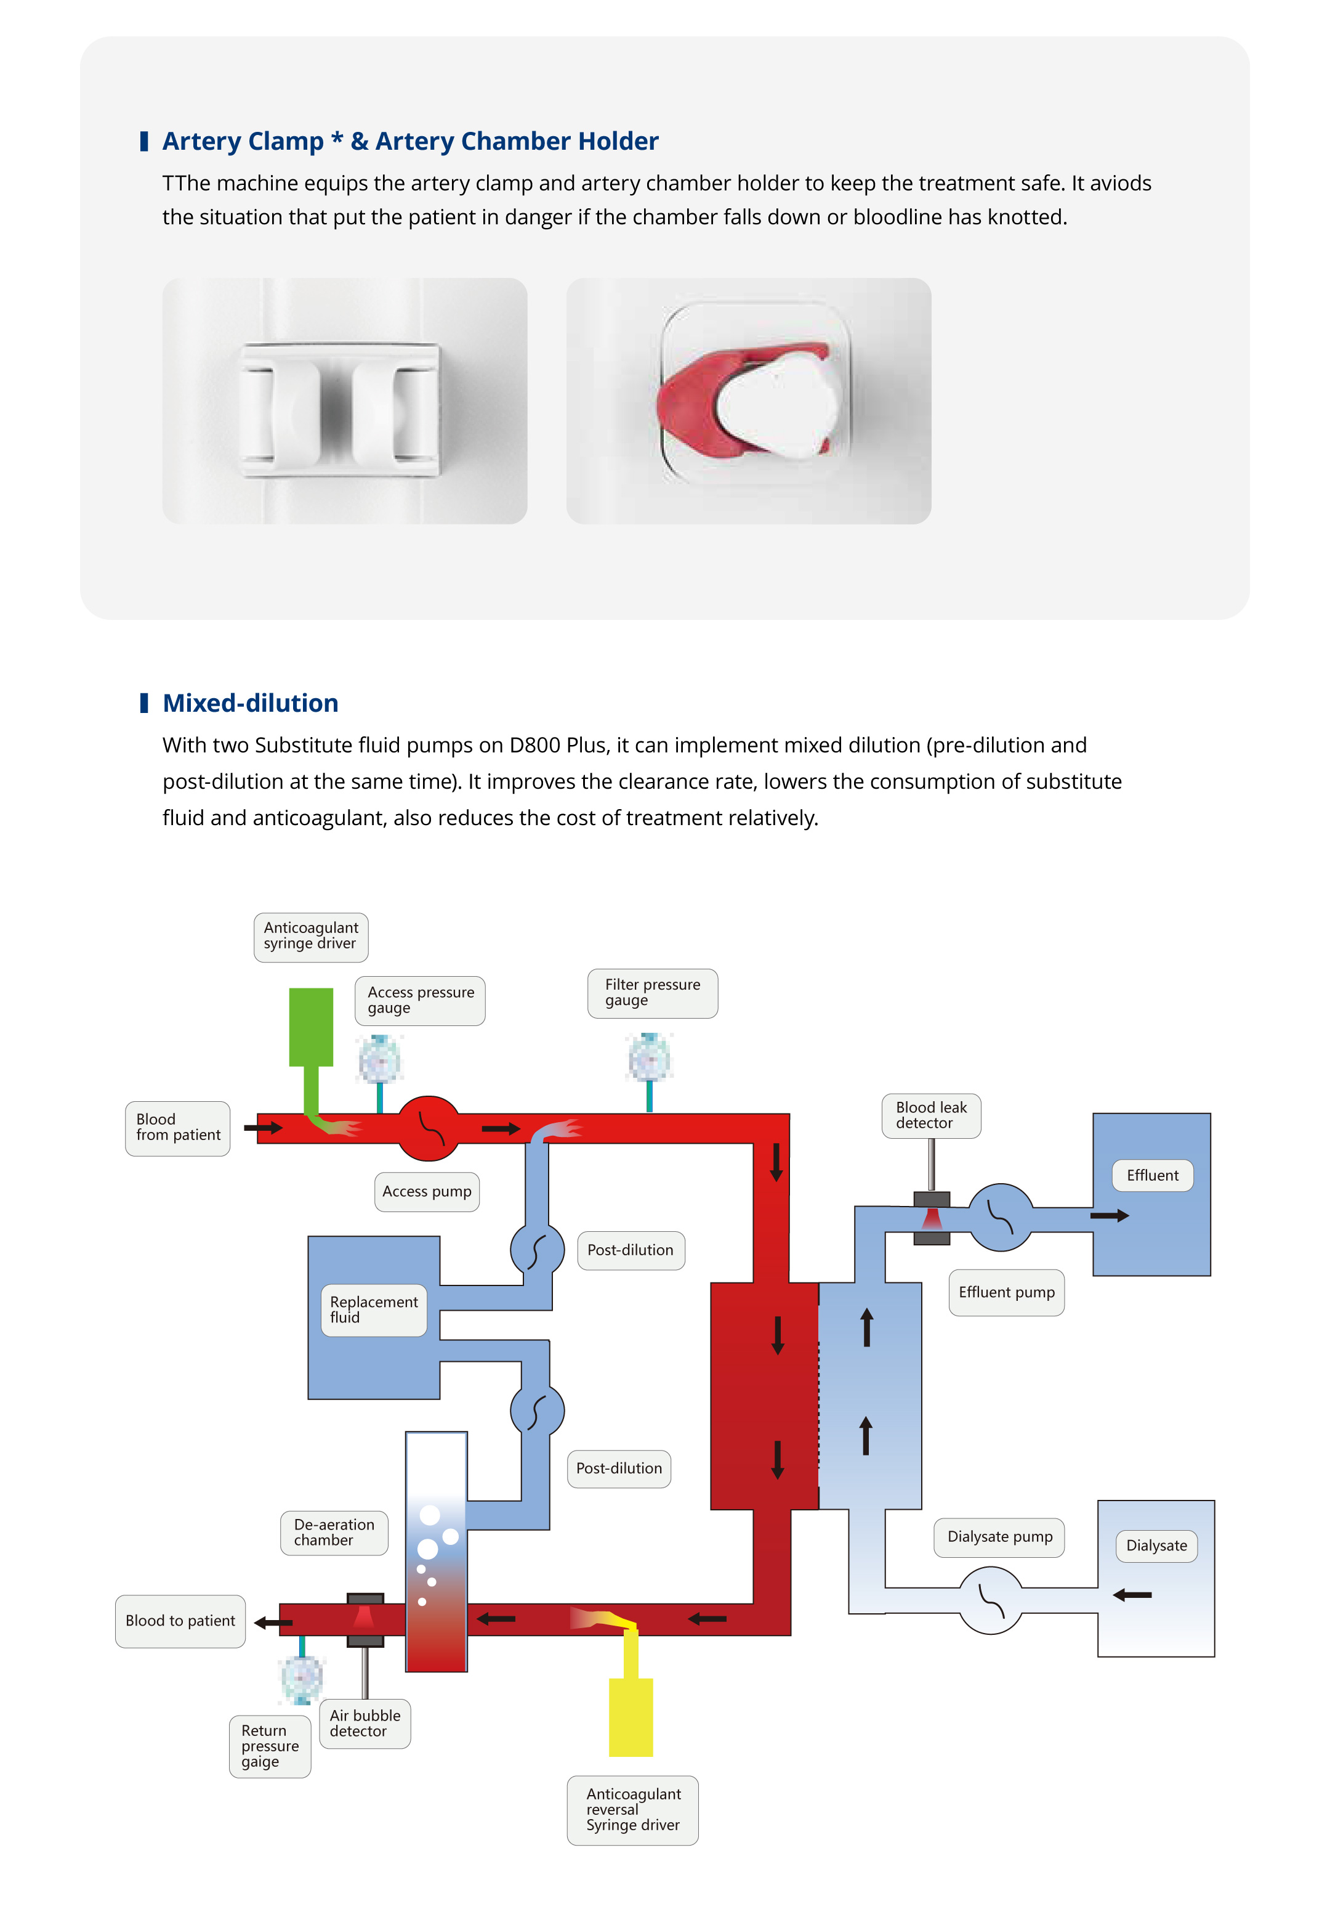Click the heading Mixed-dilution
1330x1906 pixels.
point(250,703)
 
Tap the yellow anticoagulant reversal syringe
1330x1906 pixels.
point(631,1717)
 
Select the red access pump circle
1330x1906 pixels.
point(428,1128)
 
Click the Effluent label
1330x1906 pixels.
point(1151,1176)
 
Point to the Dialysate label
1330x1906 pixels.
point(1156,1546)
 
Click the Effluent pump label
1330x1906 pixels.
point(1006,1292)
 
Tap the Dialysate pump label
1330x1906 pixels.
point(1000,1537)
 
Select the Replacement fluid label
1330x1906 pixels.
point(373,1310)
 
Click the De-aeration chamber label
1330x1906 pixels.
point(334,1533)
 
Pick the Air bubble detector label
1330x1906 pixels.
point(365,1724)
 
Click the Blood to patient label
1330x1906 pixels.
point(180,1621)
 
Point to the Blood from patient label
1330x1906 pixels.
point(177,1127)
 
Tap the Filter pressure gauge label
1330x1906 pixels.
point(652,993)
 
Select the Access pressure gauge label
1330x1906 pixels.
point(420,1000)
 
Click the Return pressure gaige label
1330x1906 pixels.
point(270,1746)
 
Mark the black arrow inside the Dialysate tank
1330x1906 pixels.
point(1132,1595)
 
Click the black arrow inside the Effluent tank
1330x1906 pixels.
point(1110,1216)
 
